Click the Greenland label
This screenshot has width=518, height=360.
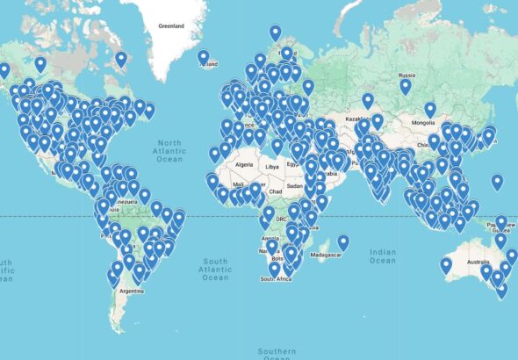pos(170,26)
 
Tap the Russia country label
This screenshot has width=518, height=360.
pos(406,75)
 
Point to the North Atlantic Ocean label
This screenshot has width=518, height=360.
pos(170,149)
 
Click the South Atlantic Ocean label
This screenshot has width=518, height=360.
pos(215,269)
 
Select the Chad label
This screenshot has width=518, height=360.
pos(276,191)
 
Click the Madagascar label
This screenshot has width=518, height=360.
pos(325,255)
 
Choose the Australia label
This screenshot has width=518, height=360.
pos(478,263)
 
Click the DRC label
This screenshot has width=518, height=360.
pos(281,219)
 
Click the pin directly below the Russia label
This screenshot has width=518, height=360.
pos(406,87)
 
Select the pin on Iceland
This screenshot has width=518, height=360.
pos(204,58)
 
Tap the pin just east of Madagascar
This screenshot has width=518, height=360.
pos(343,242)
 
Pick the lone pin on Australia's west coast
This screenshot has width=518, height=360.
pos(446,264)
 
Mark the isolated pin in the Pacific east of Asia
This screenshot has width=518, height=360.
pos(497,183)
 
